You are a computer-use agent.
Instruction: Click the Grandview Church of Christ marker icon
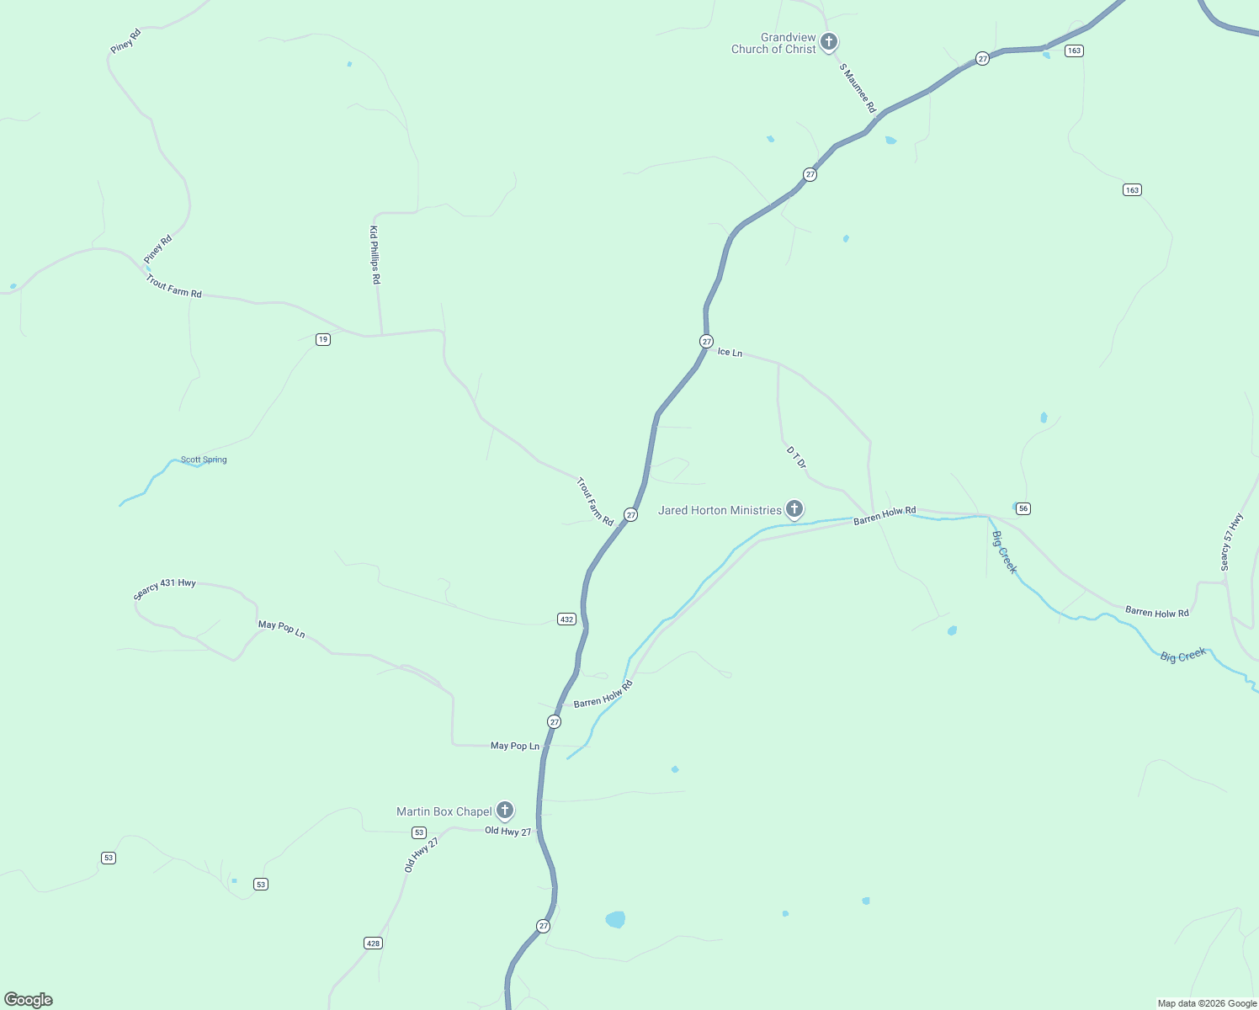click(829, 41)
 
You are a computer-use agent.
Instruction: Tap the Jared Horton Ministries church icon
click(794, 508)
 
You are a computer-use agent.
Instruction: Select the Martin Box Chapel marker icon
click(504, 811)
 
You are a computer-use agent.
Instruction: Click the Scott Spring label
click(204, 460)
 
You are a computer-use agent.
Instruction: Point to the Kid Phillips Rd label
click(375, 254)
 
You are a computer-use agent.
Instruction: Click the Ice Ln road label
click(730, 352)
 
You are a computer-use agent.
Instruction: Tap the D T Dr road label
click(796, 458)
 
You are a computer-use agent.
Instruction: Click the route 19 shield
click(323, 339)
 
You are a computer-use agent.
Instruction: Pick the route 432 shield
click(566, 619)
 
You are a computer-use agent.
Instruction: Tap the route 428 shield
click(374, 943)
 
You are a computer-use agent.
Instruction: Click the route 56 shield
click(1023, 508)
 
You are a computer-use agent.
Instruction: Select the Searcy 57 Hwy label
click(1231, 542)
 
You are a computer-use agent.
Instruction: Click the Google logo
click(29, 1000)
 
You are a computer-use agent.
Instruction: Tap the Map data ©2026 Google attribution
click(1207, 1003)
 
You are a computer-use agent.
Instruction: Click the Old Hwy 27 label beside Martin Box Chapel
click(508, 832)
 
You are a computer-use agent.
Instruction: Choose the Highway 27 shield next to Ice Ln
click(706, 341)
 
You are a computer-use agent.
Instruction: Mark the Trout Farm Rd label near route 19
click(174, 286)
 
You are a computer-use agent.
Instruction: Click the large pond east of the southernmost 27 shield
click(615, 919)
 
